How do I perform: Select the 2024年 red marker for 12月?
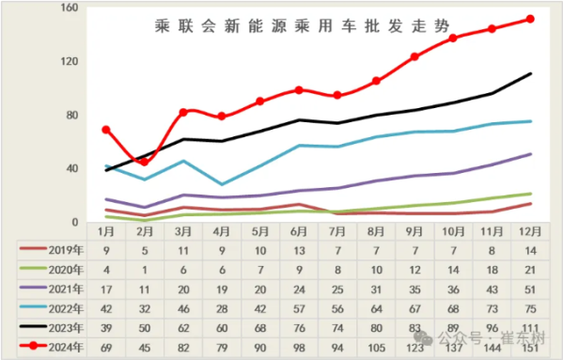531,19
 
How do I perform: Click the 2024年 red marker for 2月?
144,162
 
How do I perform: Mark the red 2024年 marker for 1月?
106,130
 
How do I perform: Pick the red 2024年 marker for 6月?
299,90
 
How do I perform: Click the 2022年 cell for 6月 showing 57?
299,308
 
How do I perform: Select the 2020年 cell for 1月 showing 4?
106,270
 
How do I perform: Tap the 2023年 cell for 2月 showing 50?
145,328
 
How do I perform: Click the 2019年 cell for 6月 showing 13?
299,251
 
